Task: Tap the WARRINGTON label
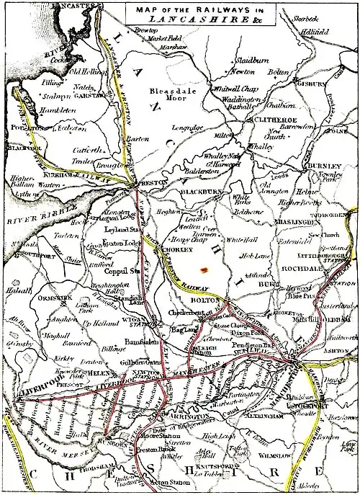[186, 416]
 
